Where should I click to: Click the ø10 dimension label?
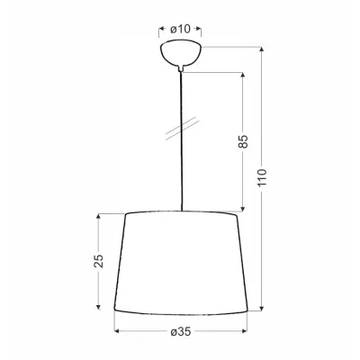coord(180,29)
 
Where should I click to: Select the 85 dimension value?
coord(244,141)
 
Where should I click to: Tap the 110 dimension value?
coord(262,177)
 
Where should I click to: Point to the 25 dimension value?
coord(98,261)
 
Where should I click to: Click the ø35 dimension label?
coord(181,331)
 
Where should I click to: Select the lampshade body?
coord(181,263)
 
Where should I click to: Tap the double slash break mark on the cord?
coord(183,128)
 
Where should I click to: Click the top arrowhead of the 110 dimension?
coord(262,49)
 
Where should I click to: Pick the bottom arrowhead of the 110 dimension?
coord(262,309)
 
